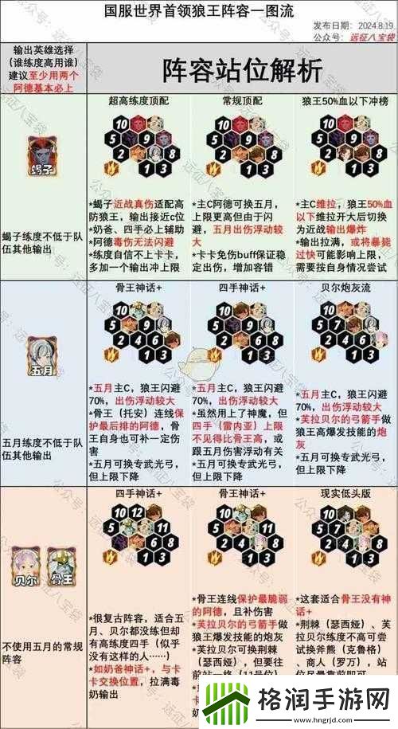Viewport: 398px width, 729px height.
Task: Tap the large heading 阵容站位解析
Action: (243, 69)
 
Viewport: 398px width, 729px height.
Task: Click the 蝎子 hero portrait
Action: (42, 152)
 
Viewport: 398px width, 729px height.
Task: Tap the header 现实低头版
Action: (343, 494)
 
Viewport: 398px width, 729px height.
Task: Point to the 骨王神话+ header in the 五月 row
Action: (139, 287)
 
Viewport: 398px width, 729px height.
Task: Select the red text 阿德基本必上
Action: (45, 88)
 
